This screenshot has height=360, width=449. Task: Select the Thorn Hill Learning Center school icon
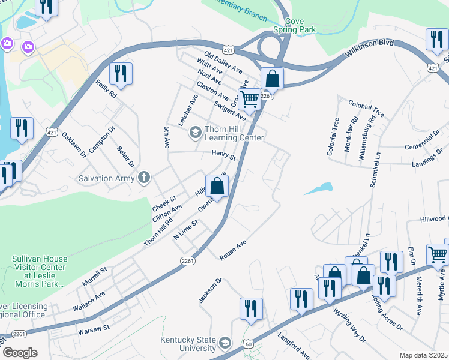pyautogui.click(x=195, y=132)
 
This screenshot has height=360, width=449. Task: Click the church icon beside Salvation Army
pyautogui.click(x=143, y=178)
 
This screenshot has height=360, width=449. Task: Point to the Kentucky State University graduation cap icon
pyautogui.click(x=225, y=343)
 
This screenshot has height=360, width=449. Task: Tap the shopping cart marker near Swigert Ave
pyautogui.click(x=249, y=99)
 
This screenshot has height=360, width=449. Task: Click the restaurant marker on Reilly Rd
pyautogui.click(x=121, y=74)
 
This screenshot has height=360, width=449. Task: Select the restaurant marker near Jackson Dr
pyautogui.click(x=250, y=308)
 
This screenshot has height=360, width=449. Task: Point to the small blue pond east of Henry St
pyautogui.click(x=318, y=188)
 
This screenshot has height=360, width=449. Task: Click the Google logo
pyautogui.click(x=19, y=353)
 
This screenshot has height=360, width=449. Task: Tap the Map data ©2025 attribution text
pyautogui.click(x=423, y=355)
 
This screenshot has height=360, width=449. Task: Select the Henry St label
pyautogui.click(x=223, y=155)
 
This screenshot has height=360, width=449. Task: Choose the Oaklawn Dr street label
pyautogui.click(x=75, y=145)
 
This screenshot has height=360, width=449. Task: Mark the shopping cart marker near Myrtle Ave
pyautogui.click(x=437, y=254)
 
